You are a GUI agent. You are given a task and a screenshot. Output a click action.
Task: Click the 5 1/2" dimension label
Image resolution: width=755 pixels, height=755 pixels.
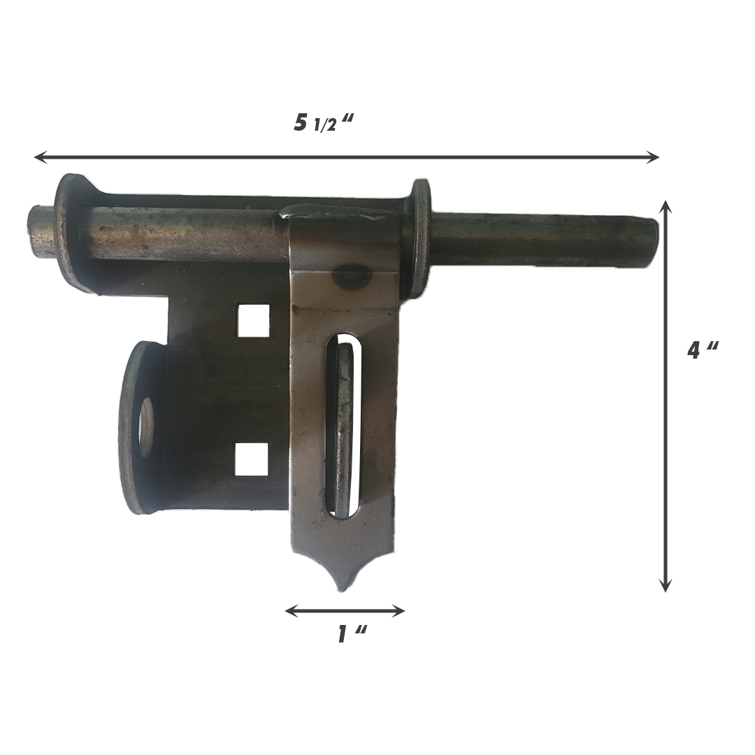tap(324, 122)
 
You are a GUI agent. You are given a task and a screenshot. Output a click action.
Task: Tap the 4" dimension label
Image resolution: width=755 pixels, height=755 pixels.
tap(702, 350)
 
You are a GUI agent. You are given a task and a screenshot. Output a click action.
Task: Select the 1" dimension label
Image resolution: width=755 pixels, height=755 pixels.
tap(352, 634)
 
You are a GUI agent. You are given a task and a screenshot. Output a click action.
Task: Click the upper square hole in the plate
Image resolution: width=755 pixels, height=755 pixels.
tap(253, 320)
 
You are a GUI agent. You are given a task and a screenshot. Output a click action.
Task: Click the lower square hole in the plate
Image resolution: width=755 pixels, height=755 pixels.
tap(252, 459)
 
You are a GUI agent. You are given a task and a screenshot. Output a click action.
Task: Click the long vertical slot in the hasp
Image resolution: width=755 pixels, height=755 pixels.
tap(343, 426)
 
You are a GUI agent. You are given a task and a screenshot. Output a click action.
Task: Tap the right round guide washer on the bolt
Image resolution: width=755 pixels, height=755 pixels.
tap(419, 238)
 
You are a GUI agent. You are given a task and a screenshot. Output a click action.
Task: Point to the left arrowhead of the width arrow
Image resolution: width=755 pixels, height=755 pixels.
tap(39, 157)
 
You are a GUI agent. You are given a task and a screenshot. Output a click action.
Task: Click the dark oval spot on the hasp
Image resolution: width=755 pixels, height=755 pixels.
tap(352, 277)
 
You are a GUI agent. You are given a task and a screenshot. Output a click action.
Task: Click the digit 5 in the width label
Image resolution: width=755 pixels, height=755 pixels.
tap(301, 122)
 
